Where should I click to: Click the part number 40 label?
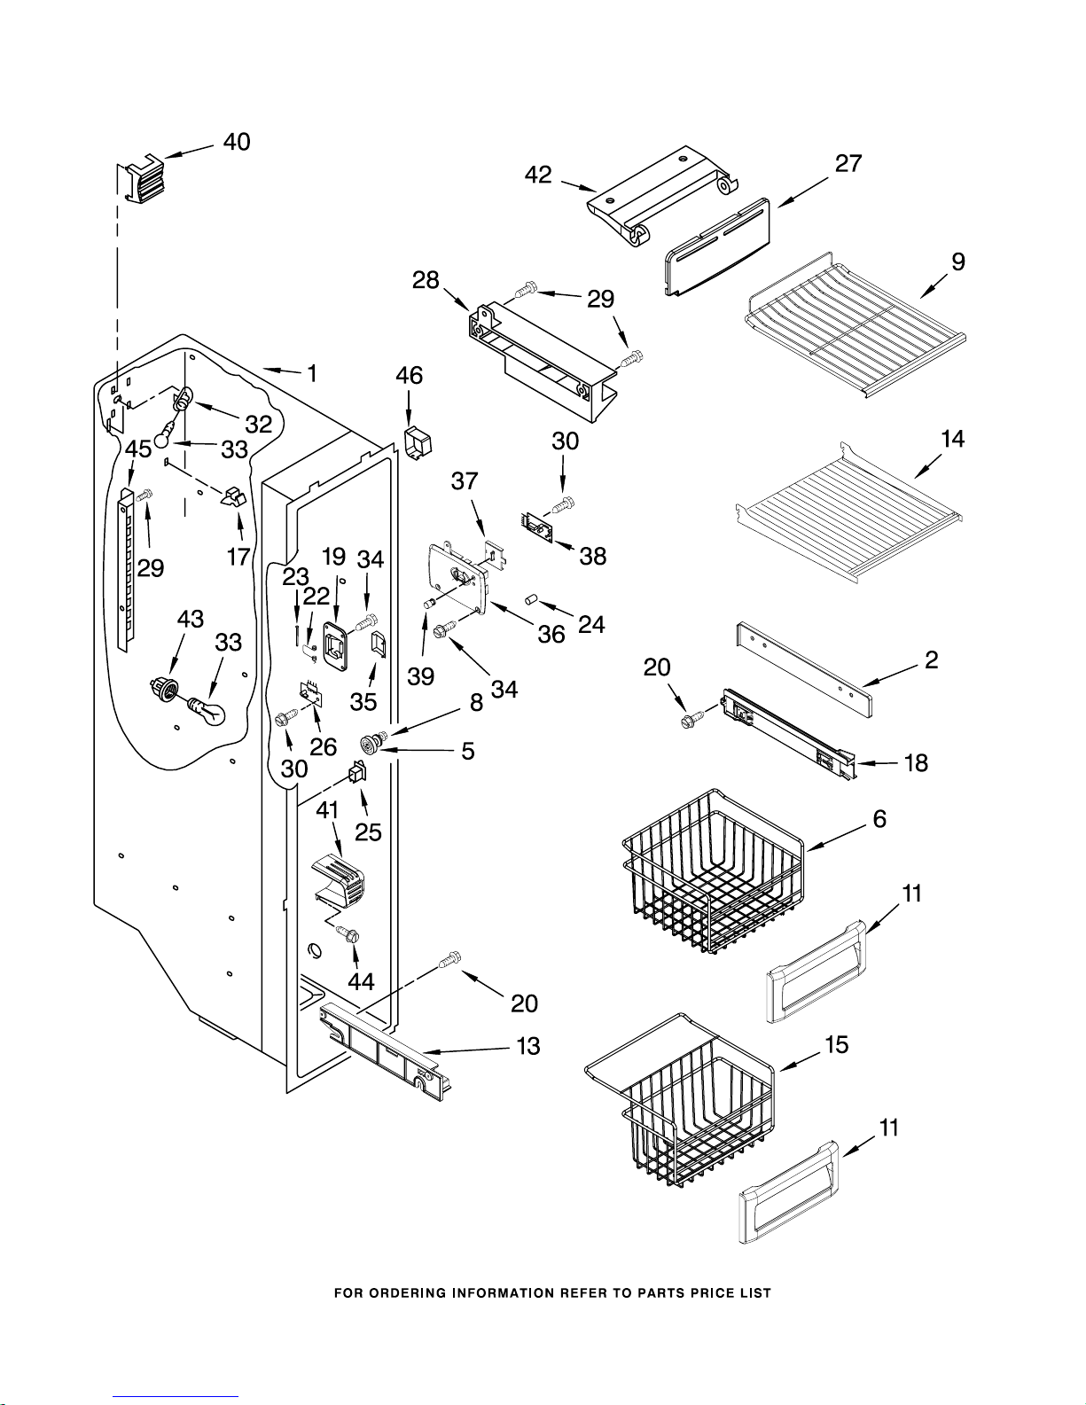(237, 142)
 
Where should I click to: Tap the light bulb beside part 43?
(205, 709)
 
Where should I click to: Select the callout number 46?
(409, 376)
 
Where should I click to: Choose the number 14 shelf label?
(952, 439)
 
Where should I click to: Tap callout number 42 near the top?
(538, 175)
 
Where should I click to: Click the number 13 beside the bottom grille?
(528, 1046)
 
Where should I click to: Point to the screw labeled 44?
(349, 934)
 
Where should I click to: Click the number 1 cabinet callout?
(311, 374)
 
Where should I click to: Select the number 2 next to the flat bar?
(931, 660)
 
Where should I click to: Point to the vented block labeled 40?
(142, 178)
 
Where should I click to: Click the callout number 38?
(592, 556)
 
